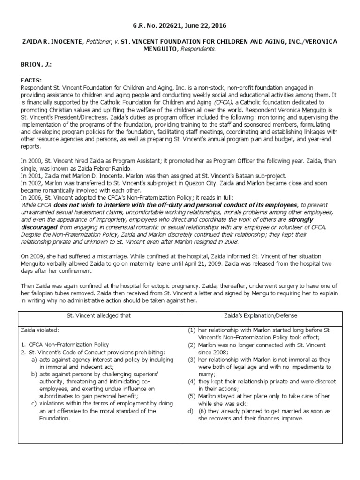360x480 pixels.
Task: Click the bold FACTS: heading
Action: [x=32, y=81]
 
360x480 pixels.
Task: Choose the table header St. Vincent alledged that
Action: [x=99, y=315]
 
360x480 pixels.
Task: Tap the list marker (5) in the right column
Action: [x=192, y=396]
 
